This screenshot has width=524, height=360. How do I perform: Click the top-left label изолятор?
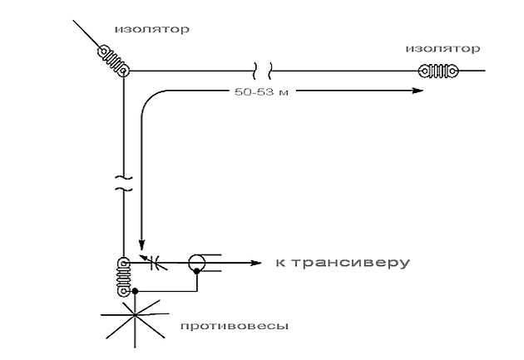click(x=151, y=29)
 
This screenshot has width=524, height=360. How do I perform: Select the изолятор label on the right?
click(x=442, y=48)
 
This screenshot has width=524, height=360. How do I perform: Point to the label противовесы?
click(x=235, y=325)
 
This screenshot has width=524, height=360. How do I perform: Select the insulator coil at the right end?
click(x=440, y=72)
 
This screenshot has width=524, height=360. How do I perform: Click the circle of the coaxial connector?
click(x=196, y=264)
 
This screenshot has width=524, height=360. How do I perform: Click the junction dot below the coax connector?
click(x=196, y=291)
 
